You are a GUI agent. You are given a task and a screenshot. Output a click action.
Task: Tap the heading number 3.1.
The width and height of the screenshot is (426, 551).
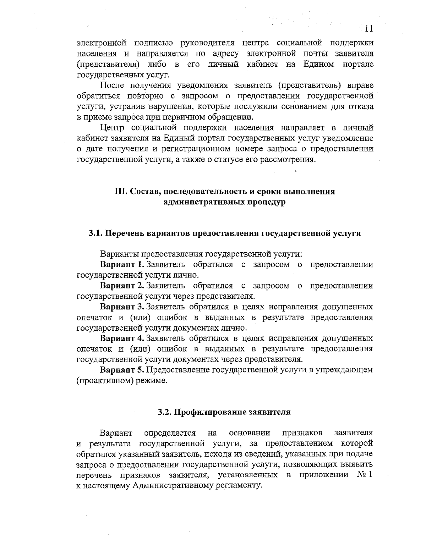click(x=95, y=233)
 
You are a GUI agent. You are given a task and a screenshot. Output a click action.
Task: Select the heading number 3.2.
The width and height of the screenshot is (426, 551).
click(x=164, y=412)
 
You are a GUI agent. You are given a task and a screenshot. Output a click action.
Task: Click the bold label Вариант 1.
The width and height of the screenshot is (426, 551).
click(x=122, y=265)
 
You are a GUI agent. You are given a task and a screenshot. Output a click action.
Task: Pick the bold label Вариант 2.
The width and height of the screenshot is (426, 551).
click(x=122, y=286)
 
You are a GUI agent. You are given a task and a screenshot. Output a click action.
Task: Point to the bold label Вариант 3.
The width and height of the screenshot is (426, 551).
click(x=122, y=307)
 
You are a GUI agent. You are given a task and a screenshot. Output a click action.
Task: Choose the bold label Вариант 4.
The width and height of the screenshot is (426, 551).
click(x=122, y=338)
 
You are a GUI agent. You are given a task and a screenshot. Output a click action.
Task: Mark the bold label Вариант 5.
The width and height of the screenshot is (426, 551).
click(x=122, y=370)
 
